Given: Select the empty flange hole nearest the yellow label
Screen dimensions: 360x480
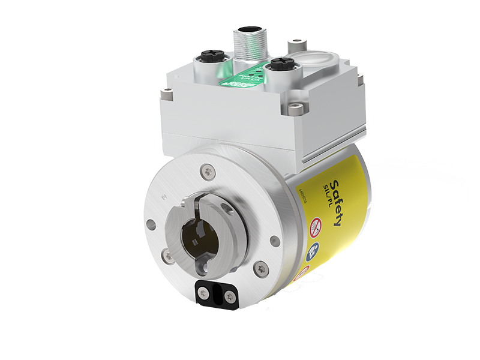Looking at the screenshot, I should coord(275,241).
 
